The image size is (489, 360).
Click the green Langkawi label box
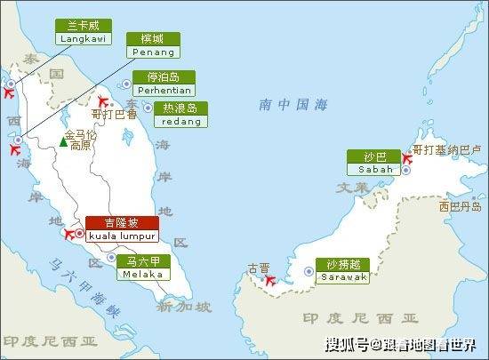[x=81, y=33]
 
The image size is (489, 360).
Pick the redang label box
[x=180, y=114]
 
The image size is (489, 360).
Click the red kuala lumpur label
[x=123, y=228]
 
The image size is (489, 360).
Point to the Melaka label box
[x=145, y=268]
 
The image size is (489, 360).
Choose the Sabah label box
[x=374, y=162]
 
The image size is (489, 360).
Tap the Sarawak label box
[x=344, y=270]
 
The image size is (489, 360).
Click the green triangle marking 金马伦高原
[x=63, y=140]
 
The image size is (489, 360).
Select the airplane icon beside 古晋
[x=271, y=280]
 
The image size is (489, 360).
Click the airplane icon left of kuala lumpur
[x=71, y=234]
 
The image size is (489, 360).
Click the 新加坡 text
[x=183, y=308]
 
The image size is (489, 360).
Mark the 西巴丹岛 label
[x=459, y=206]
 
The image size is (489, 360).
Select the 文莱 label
[x=351, y=188]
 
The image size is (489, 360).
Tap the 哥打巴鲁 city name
[x=114, y=114]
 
